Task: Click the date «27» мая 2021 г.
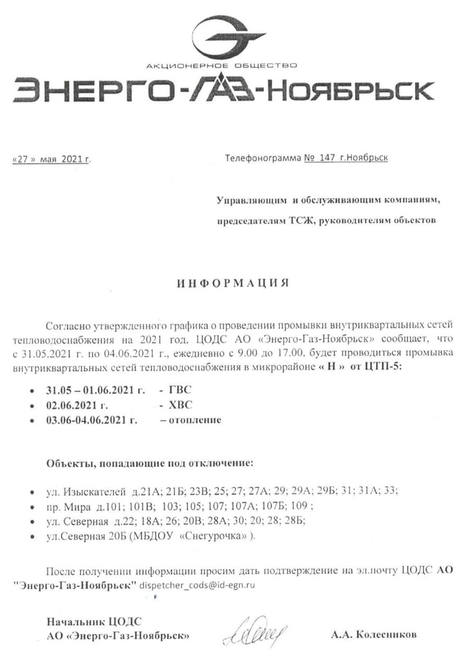click(52, 159)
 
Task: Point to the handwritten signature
click(252, 631)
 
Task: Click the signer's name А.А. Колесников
click(374, 635)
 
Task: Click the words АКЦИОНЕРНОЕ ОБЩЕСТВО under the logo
click(221, 65)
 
